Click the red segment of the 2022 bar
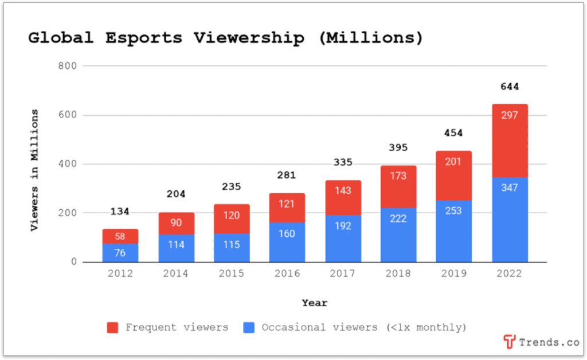[x=510, y=140]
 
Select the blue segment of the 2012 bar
[x=120, y=253]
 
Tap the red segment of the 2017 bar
[x=343, y=198]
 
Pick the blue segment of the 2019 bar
[x=454, y=231]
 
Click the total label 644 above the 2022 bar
[x=510, y=87]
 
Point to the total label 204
[x=176, y=194]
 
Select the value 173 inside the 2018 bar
[x=398, y=176]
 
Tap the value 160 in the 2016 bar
[x=288, y=233]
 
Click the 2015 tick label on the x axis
[x=232, y=273]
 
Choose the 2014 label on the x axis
[x=176, y=273]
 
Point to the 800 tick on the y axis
[x=67, y=66]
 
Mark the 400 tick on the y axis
[x=67, y=164]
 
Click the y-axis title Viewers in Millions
[x=34, y=170]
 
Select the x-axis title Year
[x=315, y=303]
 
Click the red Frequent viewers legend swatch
[x=113, y=328]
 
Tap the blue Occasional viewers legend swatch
[x=248, y=328]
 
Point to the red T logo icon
[x=509, y=342]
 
